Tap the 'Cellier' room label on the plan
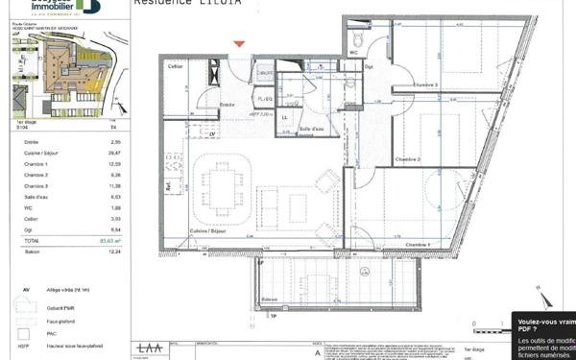(x=176, y=65)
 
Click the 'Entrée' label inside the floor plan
(x=228, y=104)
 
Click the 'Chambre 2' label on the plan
(x=406, y=158)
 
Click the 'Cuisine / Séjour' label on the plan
(x=208, y=232)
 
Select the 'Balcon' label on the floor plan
(x=271, y=300)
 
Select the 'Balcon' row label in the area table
(x=32, y=252)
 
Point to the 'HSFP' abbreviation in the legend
(x=26, y=347)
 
